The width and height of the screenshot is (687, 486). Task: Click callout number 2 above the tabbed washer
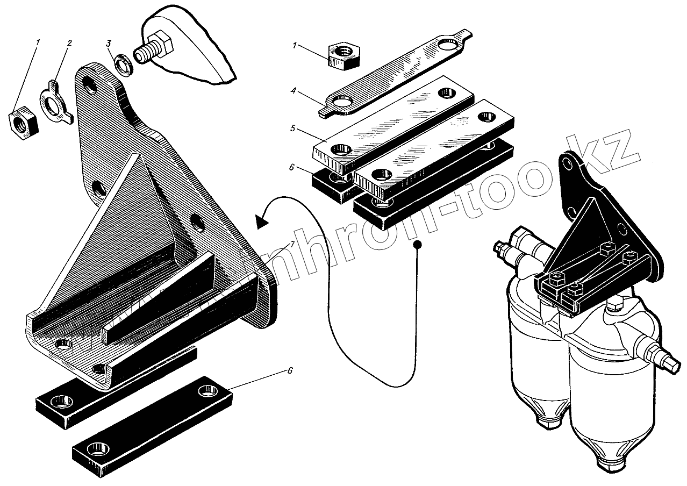[69, 42]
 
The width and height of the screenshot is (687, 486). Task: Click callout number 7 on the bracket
[292, 244]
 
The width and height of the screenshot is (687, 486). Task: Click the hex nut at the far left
[23, 122]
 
